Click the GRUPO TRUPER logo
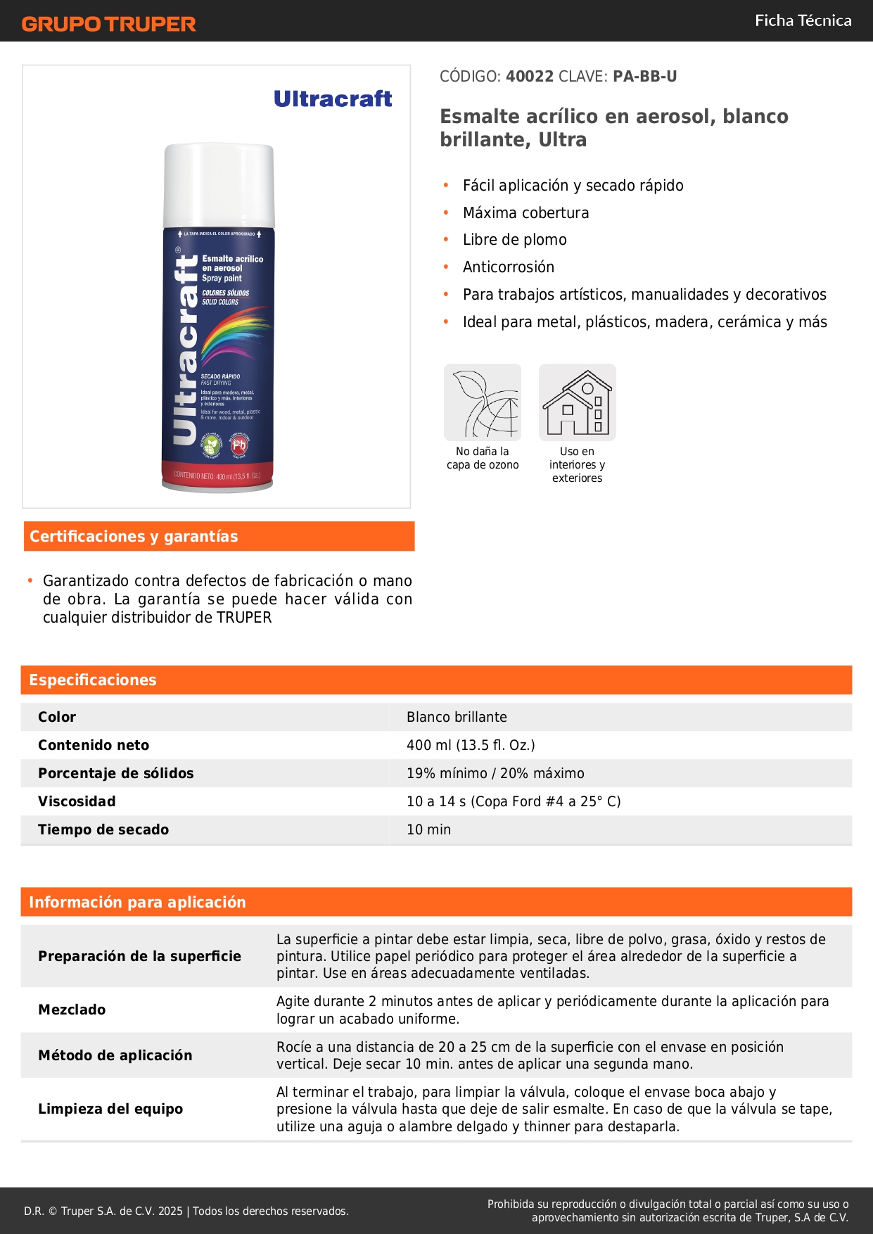point(108,24)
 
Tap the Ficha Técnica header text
point(803,20)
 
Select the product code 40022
point(529,76)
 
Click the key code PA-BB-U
point(644,76)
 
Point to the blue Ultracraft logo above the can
point(333,98)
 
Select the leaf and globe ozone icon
point(483,402)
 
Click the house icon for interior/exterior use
point(577,402)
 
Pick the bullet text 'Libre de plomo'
point(514,240)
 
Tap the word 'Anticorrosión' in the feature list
point(508,267)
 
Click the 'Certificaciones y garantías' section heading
point(134,536)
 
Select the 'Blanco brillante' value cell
point(457,717)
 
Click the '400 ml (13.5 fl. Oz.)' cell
point(471,745)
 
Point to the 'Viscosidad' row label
point(77,801)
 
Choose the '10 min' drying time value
point(428,829)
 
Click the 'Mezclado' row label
point(72,1010)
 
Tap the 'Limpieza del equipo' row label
point(110,1109)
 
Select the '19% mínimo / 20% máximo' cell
point(495,773)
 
